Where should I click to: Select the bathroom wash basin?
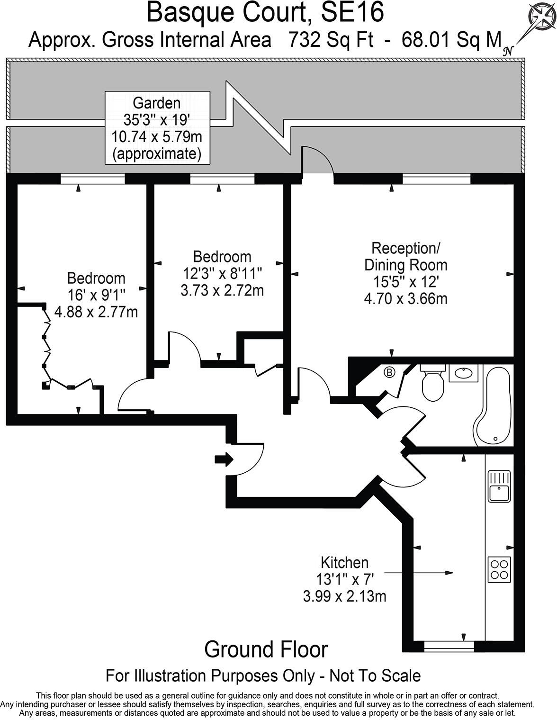click(463, 373)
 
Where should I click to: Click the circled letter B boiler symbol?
click(389, 372)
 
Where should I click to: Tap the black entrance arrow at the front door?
click(224, 459)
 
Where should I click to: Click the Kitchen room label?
click(344, 563)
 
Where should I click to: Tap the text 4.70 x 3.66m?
click(405, 299)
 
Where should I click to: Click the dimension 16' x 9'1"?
click(96, 295)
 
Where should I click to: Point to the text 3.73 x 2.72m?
click(222, 290)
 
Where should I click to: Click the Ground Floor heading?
click(266, 649)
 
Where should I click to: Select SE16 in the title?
click(352, 13)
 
